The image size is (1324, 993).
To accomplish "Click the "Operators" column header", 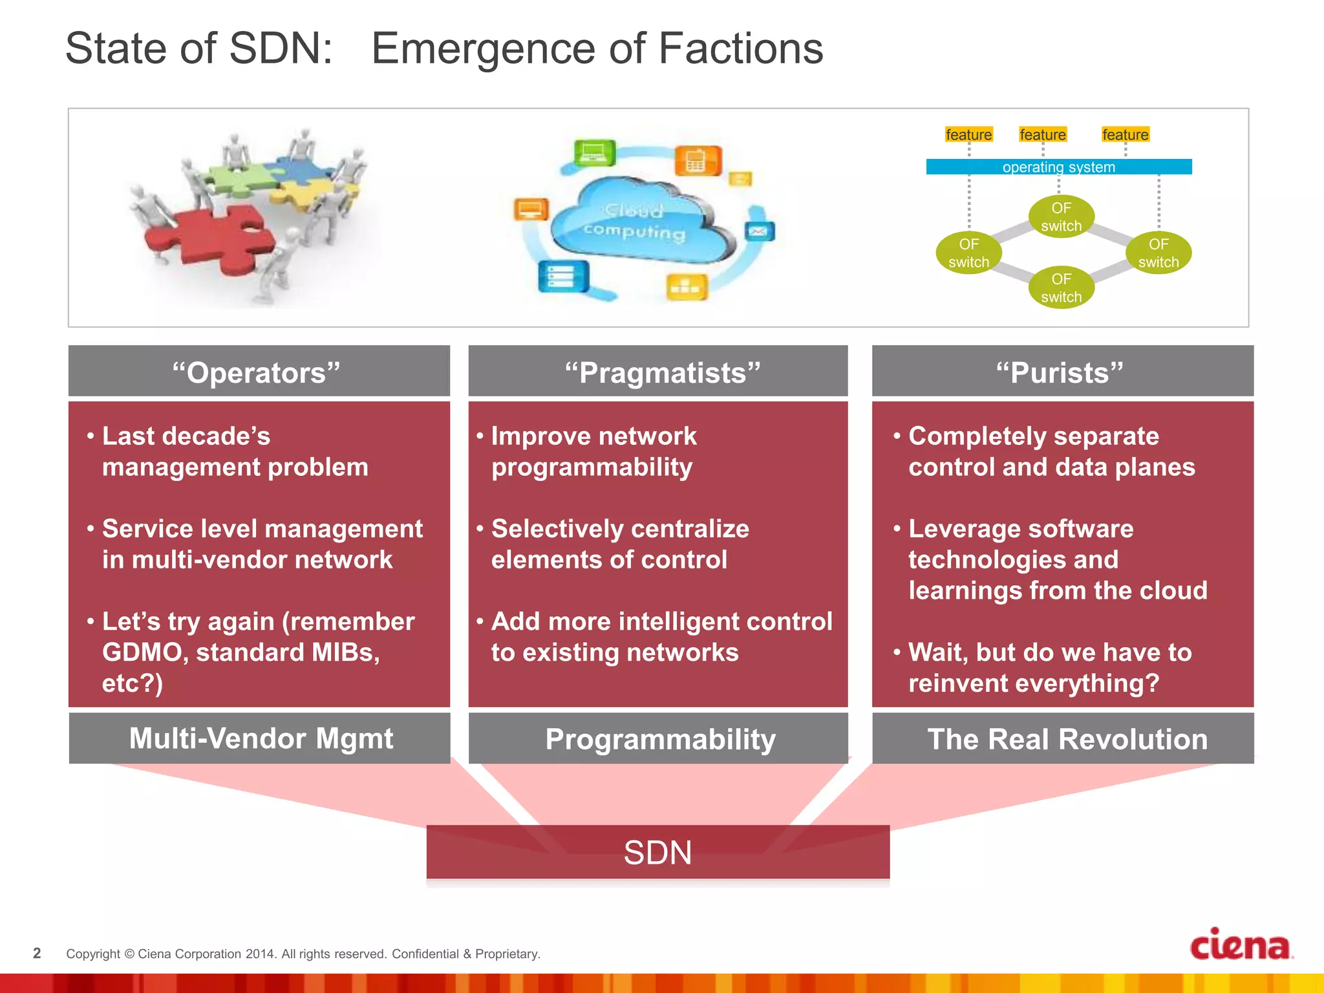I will pyautogui.click(x=259, y=372).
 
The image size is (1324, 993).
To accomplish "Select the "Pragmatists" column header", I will pyautogui.click(x=658, y=372).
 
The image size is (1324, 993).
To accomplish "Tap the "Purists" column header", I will pyautogui.click(x=1062, y=372).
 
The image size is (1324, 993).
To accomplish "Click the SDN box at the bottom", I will pyautogui.click(x=657, y=852).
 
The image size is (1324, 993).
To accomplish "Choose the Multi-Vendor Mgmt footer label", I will pyautogui.click(x=260, y=738).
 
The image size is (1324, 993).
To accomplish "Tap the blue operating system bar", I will pyautogui.click(x=1058, y=167).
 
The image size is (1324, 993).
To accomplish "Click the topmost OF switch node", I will pyautogui.click(x=1061, y=217).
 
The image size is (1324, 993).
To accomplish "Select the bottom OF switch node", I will pyautogui.click(x=1061, y=288).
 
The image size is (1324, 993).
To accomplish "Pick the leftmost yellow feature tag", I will pyautogui.click(x=968, y=134).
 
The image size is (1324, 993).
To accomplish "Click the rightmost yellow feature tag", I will pyautogui.click(x=1125, y=134).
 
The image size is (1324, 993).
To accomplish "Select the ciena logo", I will pyautogui.click(x=1241, y=945).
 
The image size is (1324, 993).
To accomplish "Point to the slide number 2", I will pyautogui.click(x=37, y=953).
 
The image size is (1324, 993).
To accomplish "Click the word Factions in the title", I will pyautogui.click(x=740, y=48).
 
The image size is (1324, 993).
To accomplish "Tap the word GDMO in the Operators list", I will pyautogui.click(x=144, y=652).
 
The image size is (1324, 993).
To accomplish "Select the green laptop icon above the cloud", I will pyautogui.click(x=594, y=153).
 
